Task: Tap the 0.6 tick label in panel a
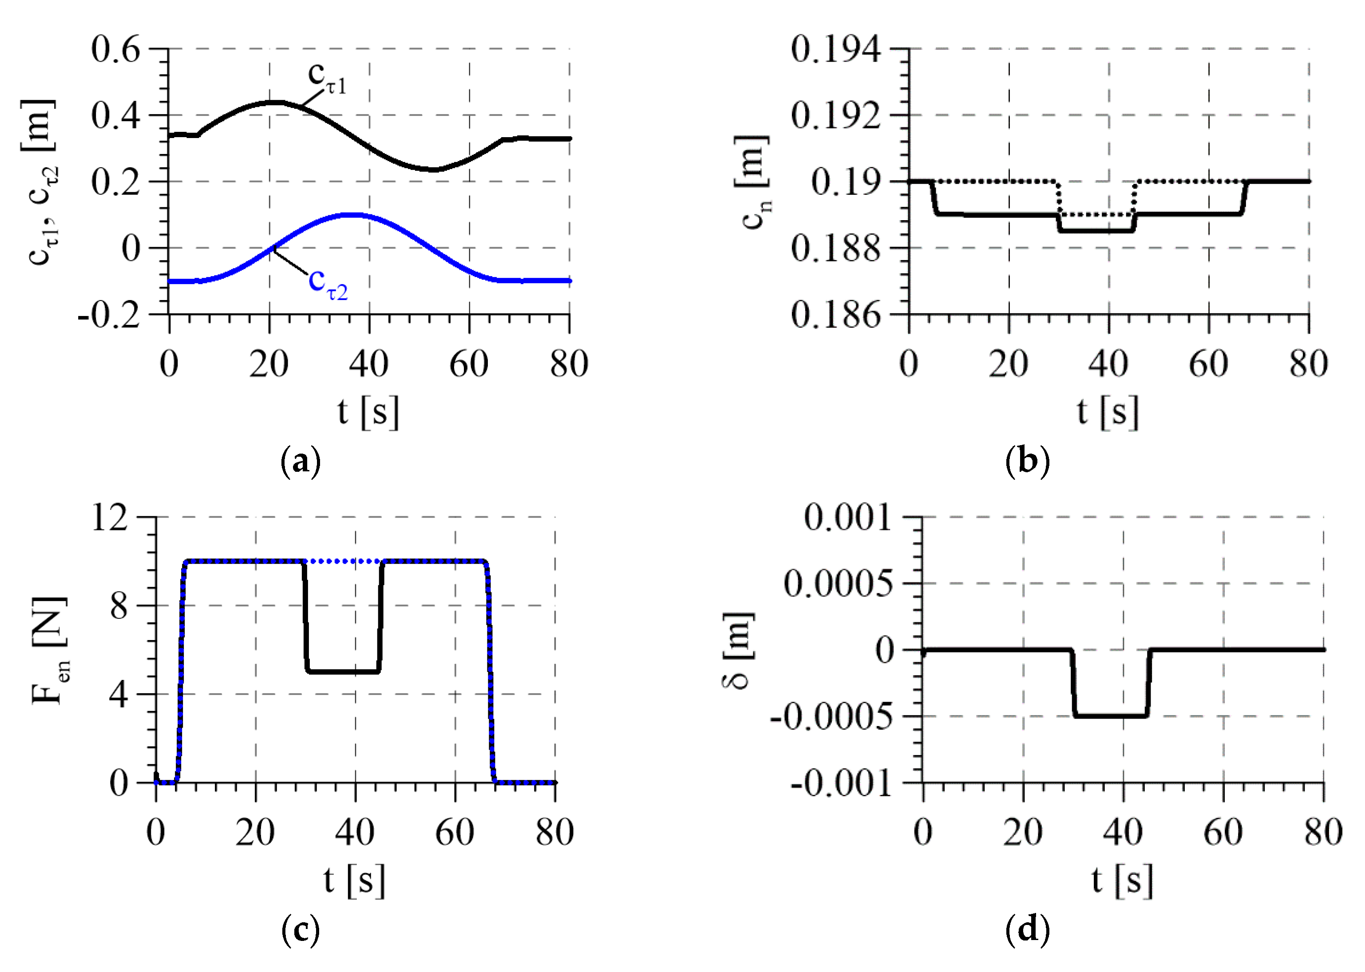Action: [x=115, y=49]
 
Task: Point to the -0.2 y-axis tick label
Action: [x=109, y=315]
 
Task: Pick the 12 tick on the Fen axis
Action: [x=110, y=517]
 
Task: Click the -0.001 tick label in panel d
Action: [x=841, y=783]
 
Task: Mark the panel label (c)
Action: [x=301, y=929]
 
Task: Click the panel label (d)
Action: [x=1027, y=929]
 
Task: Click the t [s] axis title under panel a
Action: [x=368, y=412]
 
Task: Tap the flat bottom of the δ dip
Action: [x=1111, y=715]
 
